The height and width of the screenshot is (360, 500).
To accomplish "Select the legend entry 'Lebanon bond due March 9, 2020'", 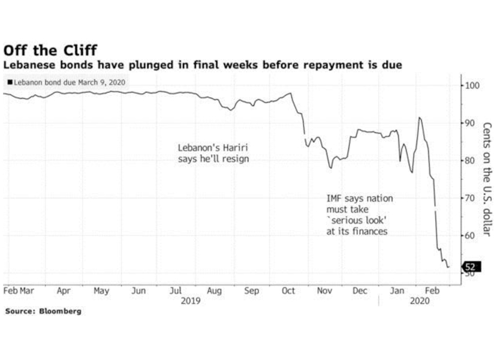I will [x=67, y=82].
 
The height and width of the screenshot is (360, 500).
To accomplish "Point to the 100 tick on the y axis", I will [x=472, y=85].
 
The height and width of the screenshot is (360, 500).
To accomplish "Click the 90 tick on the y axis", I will [x=469, y=123].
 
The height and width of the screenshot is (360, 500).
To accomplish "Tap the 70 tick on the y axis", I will [x=469, y=198].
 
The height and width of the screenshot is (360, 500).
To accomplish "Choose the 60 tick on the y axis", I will [x=469, y=235].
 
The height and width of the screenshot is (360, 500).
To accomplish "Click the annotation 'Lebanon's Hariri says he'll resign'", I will [x=213, y=153].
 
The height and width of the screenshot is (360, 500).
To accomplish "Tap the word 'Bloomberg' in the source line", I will [x=61, y=312].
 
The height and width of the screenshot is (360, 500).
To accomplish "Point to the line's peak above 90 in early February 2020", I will [x=420, y=118].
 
